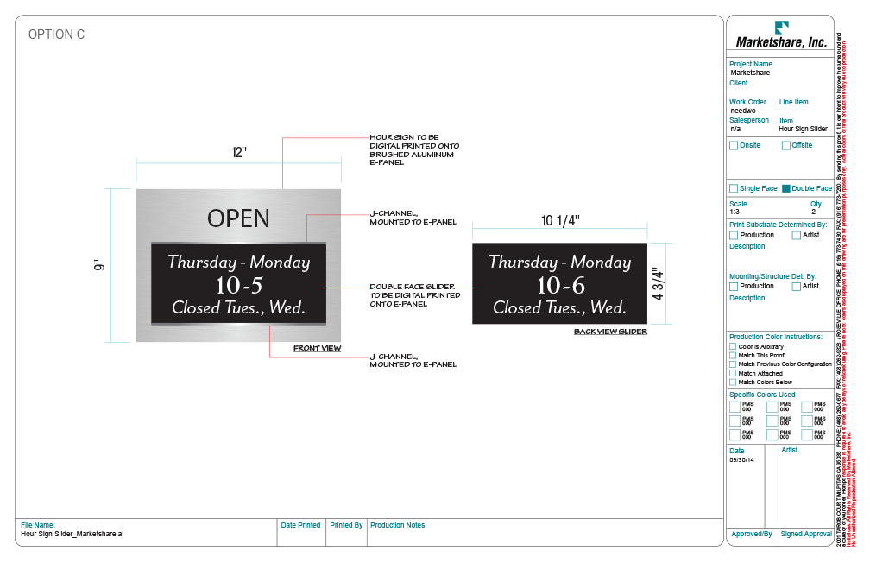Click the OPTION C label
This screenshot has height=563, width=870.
point(56,35)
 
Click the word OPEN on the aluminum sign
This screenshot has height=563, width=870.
point(238,218)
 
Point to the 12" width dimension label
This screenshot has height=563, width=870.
point(238,152)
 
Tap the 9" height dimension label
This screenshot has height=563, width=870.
point(99,267)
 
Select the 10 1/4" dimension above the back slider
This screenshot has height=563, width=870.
point(560,221)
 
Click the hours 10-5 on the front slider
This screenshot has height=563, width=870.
point(238,285)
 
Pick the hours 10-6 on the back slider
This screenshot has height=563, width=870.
point(559,285)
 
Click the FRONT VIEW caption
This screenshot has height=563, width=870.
point(317,349)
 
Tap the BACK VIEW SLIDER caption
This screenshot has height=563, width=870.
point(609,332)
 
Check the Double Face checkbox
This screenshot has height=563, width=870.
point(786,188)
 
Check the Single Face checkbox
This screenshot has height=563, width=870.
point(734,188)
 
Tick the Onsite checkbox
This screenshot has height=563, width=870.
point(734,145)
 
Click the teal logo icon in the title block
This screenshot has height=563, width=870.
point(781,27)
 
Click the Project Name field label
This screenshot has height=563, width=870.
point(750,64)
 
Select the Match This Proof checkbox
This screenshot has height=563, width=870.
point(733,355)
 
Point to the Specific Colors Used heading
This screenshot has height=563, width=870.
point(762,395)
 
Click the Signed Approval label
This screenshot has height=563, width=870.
point(806,535)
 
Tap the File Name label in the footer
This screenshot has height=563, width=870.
point(38,525)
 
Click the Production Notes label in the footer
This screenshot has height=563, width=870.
point(397,525)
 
